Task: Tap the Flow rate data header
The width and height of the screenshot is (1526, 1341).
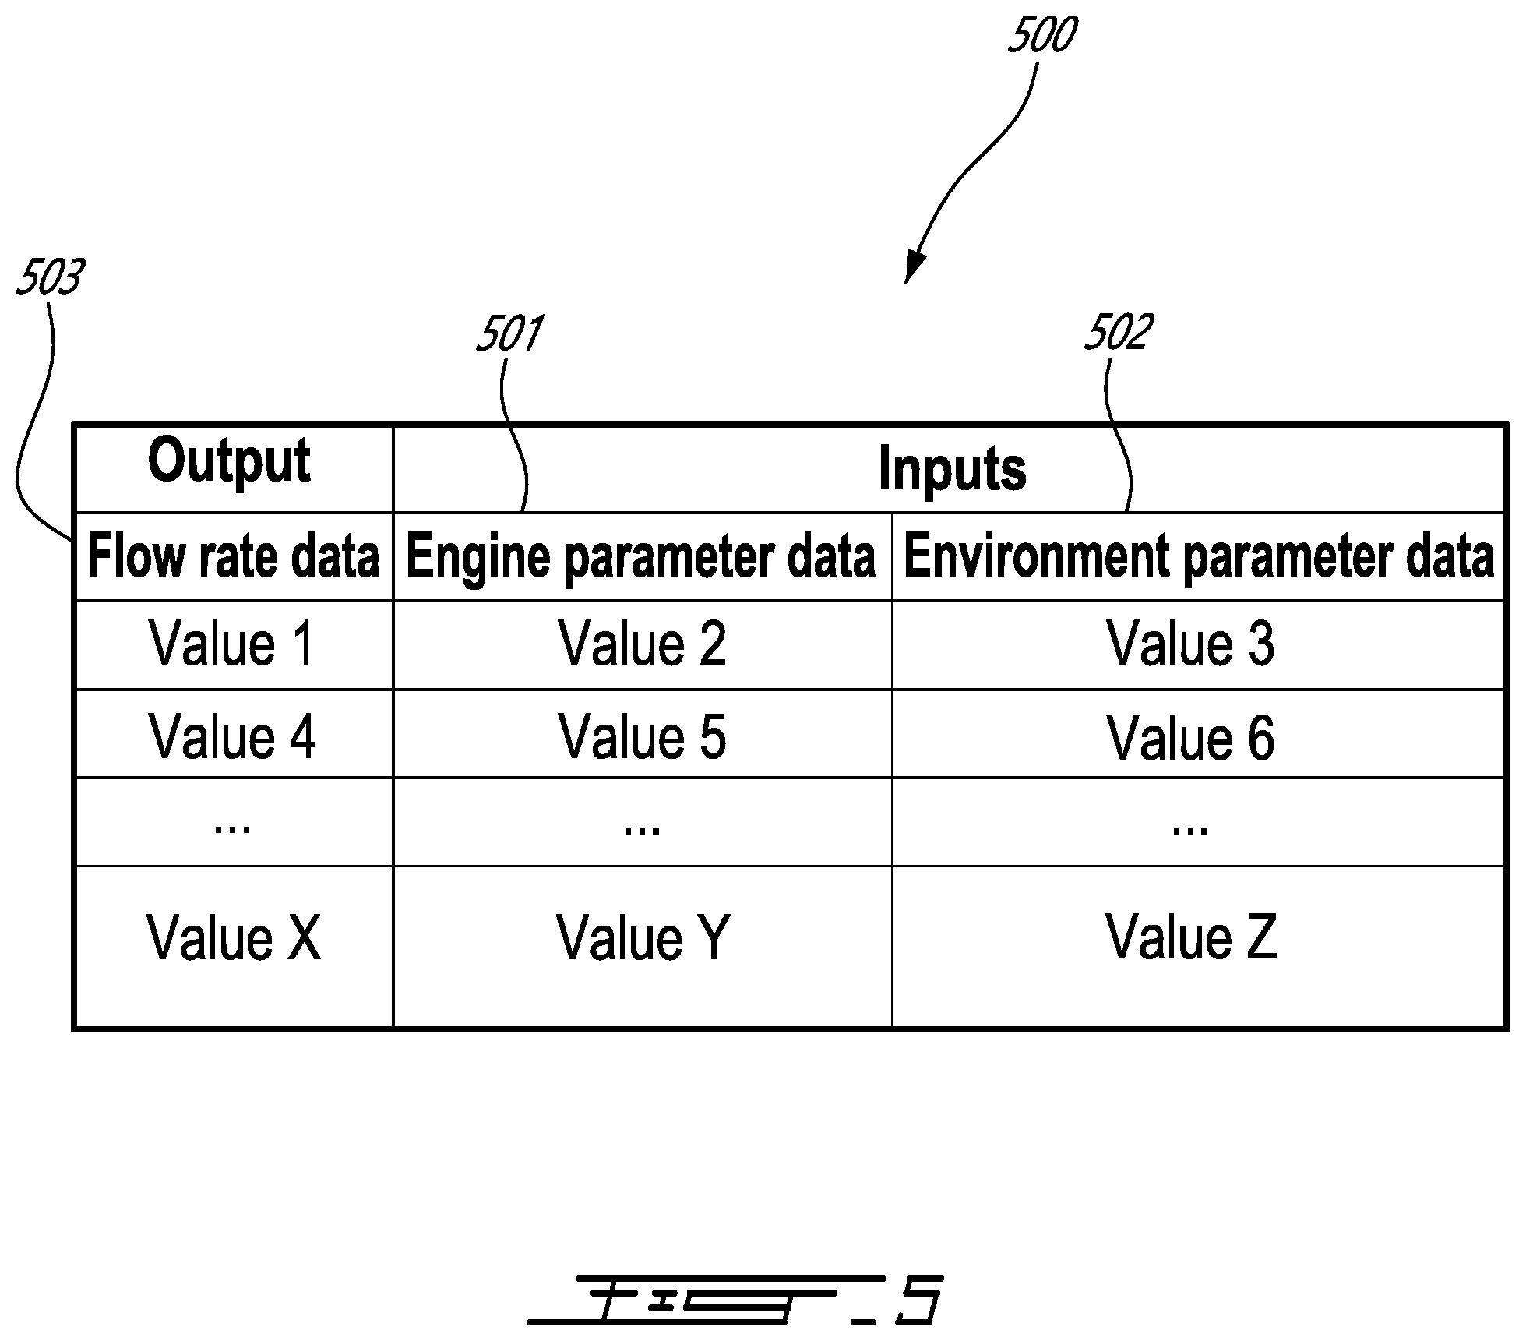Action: click(233, 556)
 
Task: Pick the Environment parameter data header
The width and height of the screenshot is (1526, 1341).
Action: click(1199, 557)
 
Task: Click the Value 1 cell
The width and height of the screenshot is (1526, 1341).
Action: click(232, 644)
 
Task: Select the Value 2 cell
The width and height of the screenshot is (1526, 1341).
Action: click(643, 644)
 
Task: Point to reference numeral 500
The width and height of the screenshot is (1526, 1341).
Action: click(1041, 35)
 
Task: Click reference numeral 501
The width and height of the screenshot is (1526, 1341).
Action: click(510, 333)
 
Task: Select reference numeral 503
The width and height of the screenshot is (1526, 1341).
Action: click(50, 277)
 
